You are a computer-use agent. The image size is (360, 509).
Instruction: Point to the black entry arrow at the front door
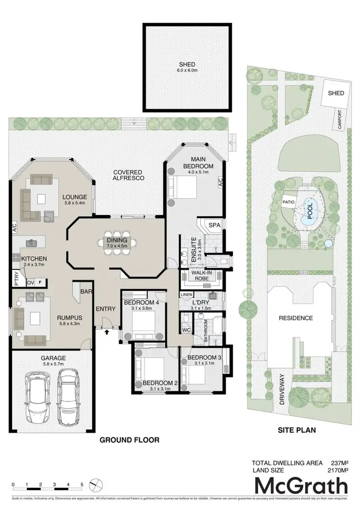106,331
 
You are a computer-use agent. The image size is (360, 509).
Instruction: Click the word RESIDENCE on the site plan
299,318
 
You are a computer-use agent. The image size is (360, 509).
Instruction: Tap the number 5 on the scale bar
82,485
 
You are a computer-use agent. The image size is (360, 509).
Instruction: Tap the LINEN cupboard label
186,294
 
